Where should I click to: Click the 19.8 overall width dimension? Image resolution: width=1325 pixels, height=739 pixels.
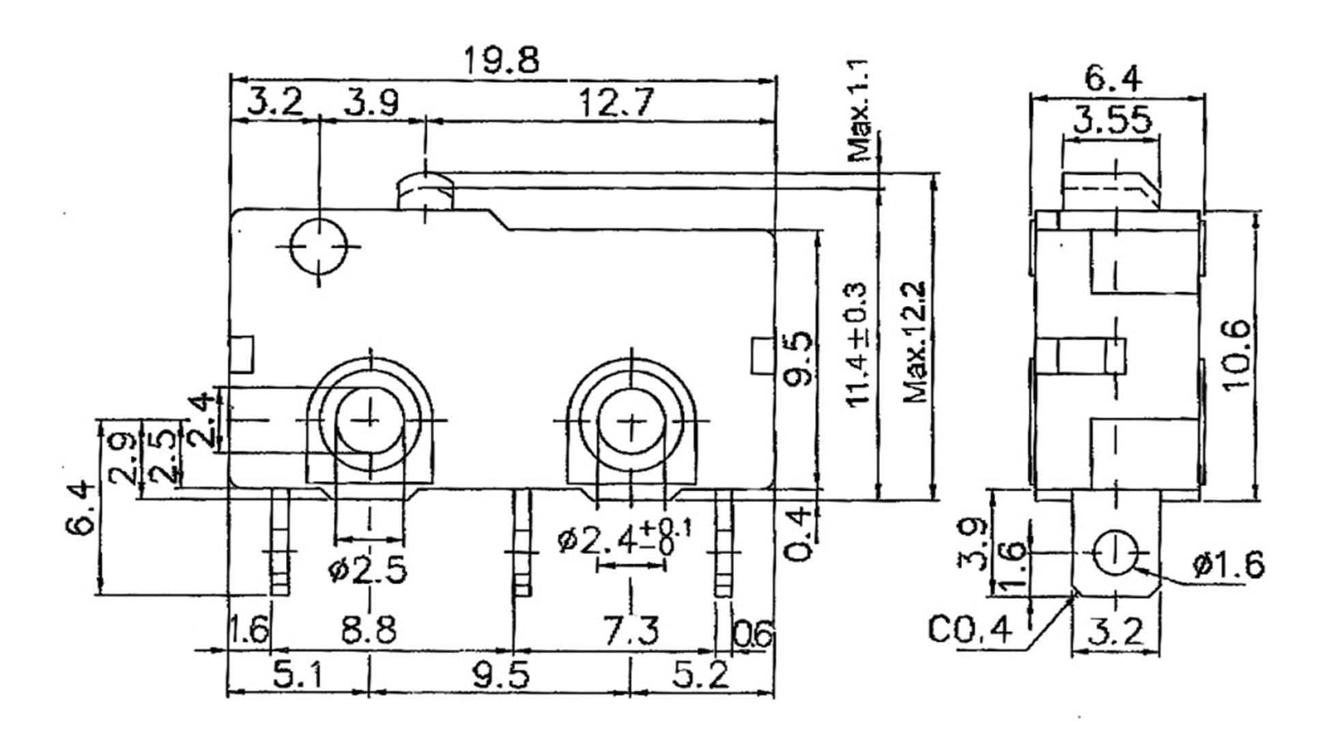point(501,61)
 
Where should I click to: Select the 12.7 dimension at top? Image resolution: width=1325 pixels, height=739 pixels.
point(615,103)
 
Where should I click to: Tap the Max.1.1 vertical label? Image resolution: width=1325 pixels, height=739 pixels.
point(859,109)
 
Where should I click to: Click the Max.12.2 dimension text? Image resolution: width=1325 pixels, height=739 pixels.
point(915,341)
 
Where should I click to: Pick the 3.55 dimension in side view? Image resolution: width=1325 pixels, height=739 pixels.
point(1111,121)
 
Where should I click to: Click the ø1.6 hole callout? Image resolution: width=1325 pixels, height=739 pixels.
point(1228,566)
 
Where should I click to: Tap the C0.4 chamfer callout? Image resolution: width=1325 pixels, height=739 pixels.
point(969,630)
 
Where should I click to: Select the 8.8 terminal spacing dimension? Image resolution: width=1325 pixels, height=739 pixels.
point(369,630)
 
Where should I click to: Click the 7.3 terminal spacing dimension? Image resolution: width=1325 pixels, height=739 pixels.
point(631,630)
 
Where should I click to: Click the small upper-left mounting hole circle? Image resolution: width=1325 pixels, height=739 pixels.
point(319,245)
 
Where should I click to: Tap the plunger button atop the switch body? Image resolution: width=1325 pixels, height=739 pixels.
point(425,191)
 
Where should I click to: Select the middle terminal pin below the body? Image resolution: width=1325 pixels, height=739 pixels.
point(522,543)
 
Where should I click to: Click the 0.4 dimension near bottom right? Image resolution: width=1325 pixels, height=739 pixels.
point(797,534)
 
